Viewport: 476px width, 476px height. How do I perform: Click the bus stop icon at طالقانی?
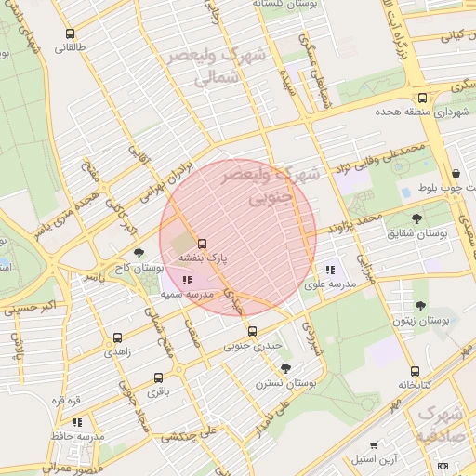pyautogui.click(x=70, y=34)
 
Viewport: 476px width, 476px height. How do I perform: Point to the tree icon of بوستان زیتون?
pyautogui.click(x=420, y=306)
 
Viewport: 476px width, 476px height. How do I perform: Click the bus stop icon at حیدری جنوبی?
pyautogui.click(x=252, y=331)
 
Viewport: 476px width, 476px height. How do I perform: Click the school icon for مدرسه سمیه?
pyautogui.click(x=187, y=279)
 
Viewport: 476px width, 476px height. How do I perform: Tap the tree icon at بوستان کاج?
pyautogui.click(x=139, y=252)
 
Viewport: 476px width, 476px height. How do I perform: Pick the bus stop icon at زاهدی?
pyautogui.click(x=117, y=337)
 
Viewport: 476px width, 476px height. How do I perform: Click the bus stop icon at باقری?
pyautogui.click(x=158, y=378)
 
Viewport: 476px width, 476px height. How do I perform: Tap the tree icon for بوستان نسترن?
pyautogui.click(x=285, y=368)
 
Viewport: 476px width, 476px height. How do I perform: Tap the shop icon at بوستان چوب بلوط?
pyautogui.click(x=456, y=173)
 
